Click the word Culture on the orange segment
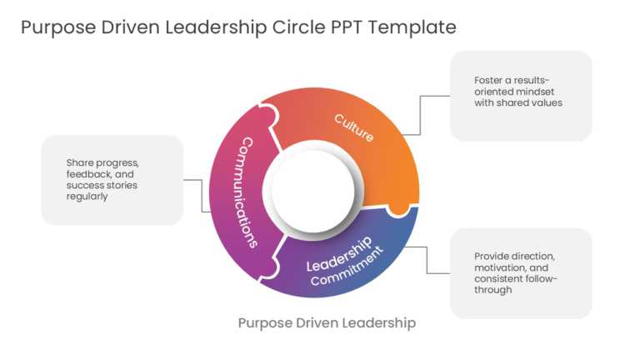[x=354, y=127]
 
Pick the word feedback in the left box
[x=88, y=174]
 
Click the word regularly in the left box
[x=87, y=197]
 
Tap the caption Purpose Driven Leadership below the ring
[x=327, y=322]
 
